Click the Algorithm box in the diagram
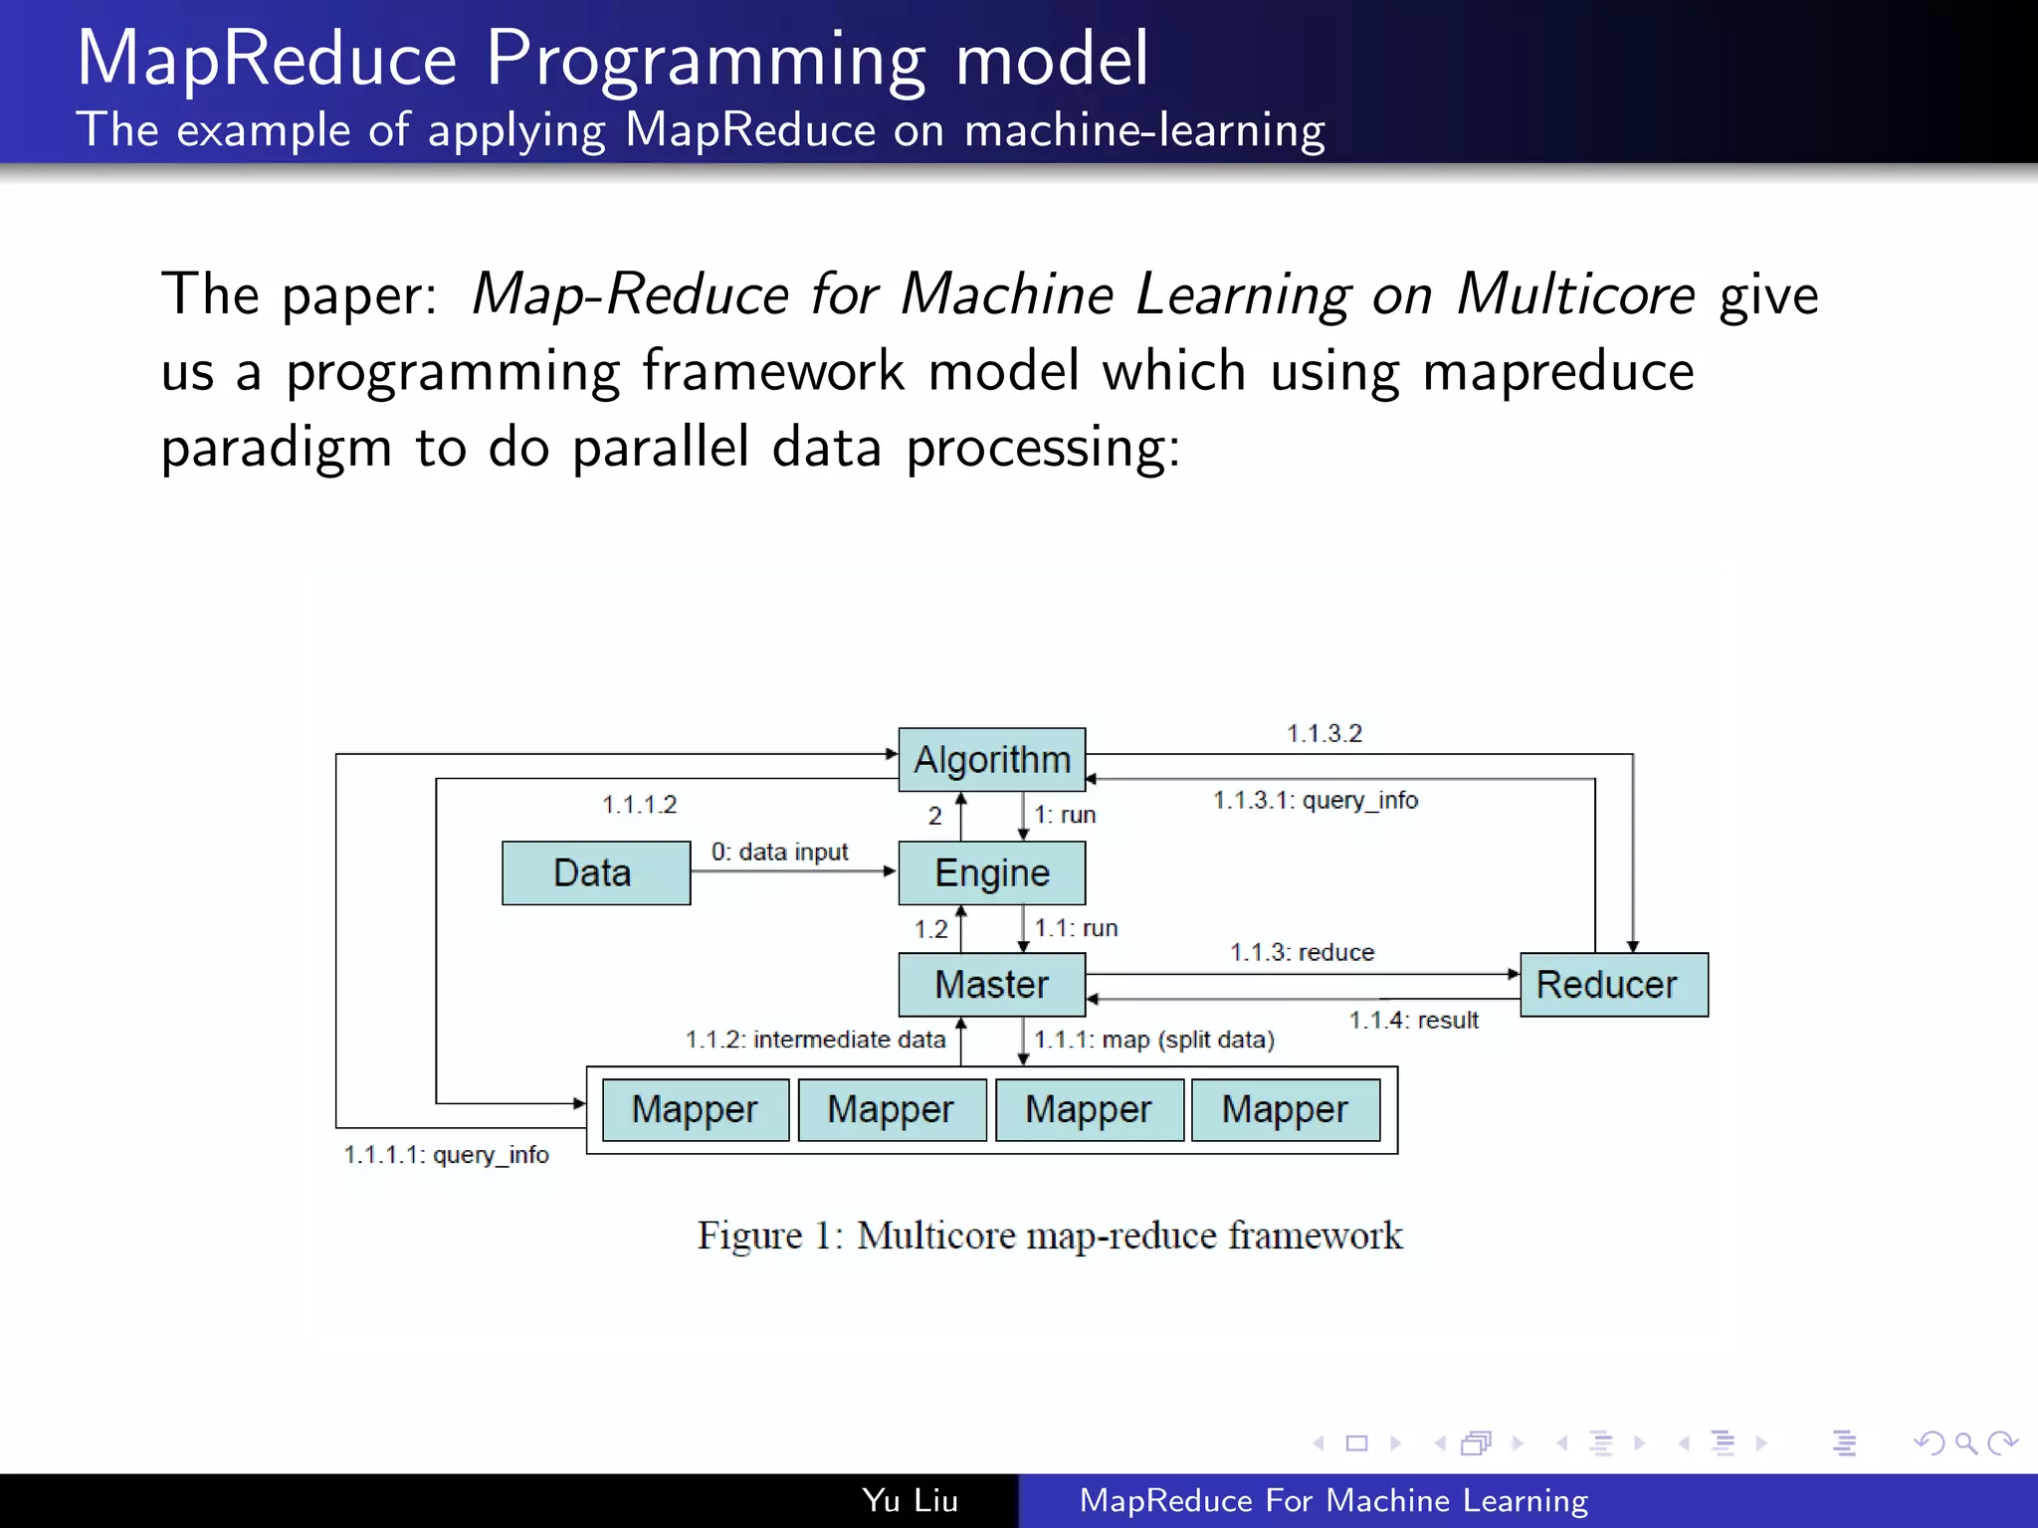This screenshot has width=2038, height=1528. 991,760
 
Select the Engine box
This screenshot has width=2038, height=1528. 991,873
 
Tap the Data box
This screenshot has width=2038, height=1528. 595,873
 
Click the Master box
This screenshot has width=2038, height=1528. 991,985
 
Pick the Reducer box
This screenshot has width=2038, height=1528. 1613,985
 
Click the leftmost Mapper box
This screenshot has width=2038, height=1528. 695,1109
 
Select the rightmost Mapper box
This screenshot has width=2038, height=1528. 1285,1109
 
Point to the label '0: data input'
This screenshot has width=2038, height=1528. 779,853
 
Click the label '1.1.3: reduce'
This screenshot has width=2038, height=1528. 1302,953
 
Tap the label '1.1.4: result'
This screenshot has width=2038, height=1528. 1413,1021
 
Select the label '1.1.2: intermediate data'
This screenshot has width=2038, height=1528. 815,1040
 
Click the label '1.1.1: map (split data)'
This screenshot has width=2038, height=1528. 1154,1040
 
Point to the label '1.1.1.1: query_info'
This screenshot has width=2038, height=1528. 446,1155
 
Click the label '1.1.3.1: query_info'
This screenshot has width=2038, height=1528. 1315,801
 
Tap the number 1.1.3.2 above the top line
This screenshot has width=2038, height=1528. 1324,734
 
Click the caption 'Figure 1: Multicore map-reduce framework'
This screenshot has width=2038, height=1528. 1050,1236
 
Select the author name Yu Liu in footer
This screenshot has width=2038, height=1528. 910,1500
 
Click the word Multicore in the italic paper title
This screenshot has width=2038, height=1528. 1575,294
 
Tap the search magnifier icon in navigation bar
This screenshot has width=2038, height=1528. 1965,1442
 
